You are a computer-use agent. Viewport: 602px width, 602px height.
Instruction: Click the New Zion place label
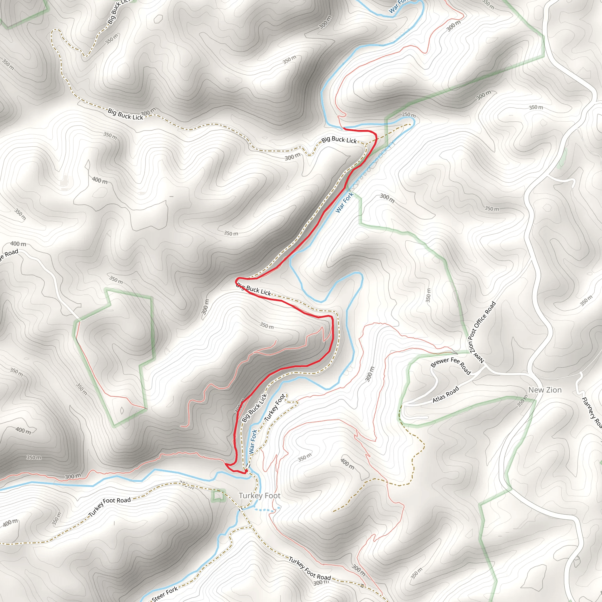[545, 390]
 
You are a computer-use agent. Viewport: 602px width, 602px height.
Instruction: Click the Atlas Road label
[446, 394]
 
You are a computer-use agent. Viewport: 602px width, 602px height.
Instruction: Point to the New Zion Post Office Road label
[482, 332]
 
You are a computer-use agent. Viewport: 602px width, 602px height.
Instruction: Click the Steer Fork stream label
[165, 593]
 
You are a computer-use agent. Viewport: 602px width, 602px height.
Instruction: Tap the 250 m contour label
[409, 115]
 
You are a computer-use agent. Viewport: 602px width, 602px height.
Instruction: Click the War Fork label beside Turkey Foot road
[253, 441]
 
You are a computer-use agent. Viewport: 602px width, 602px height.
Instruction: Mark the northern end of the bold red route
[344, 128]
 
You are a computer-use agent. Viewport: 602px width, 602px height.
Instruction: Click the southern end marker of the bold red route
[246, 471]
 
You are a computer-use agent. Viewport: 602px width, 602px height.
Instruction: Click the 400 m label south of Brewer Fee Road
[347, 464]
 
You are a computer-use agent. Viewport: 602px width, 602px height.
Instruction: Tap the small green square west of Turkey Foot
[218, 495]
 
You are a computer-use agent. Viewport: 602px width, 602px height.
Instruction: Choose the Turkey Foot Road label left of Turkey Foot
[110, 507]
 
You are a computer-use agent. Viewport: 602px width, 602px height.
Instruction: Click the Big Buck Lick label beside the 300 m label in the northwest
[125, 114]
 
